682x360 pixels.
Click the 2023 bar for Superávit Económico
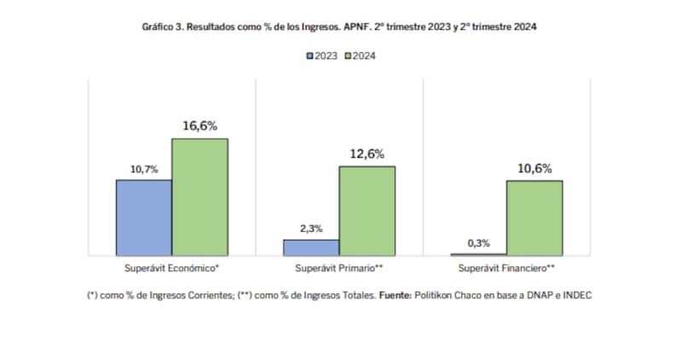coord(144,217)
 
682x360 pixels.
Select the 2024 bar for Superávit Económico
coord(199,196)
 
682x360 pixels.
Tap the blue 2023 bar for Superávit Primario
coord(311,247)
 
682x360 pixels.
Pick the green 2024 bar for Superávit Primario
coord(367,210)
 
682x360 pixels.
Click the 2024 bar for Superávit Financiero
coord(535,218)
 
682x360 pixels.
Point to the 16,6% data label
coord(199,126)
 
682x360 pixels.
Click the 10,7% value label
coord(144,169)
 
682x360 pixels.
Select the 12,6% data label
coord(367,154)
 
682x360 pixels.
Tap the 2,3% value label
coord(311,228)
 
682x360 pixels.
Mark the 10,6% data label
coord(535,169)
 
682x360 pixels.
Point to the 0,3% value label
coord(479,243)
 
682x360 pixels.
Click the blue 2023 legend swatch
coord(310,56)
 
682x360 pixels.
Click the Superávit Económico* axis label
coord(171,268)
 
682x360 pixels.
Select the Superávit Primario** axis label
coord(338,268)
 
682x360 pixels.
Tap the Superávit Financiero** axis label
coord(506,268)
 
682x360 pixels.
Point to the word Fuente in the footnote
coord(395,295)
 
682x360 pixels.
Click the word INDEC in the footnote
coord(575,295)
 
